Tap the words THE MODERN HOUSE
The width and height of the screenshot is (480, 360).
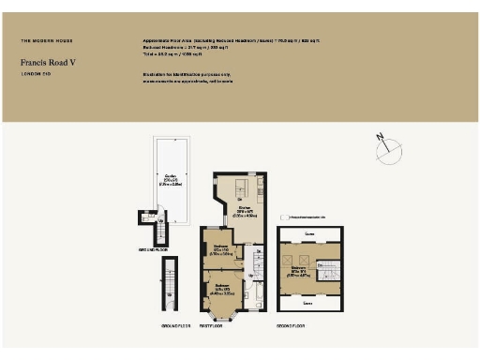(47, 41)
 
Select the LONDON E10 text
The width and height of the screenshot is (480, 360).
(35, 74)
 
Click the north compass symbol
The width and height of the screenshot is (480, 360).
(385, 144)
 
